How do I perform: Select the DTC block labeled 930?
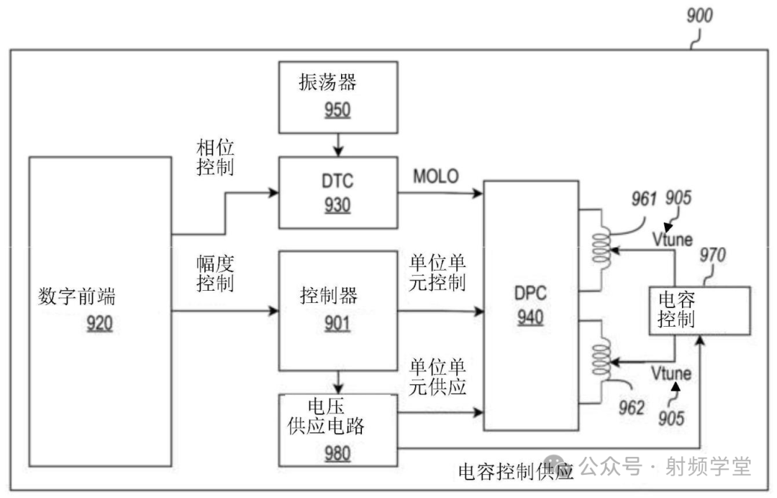pos(337,193)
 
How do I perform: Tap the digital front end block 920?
pos(99,310)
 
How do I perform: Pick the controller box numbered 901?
pos(337,309)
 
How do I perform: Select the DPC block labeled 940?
pos(531,305)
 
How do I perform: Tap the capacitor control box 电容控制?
pos(699,309)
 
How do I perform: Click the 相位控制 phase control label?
pos(215,157)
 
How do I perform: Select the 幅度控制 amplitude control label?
pos(215,274)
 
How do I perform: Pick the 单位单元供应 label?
pos(437,376)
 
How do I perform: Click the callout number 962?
pos(634,408)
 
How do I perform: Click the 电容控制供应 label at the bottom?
pos(515,471)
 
